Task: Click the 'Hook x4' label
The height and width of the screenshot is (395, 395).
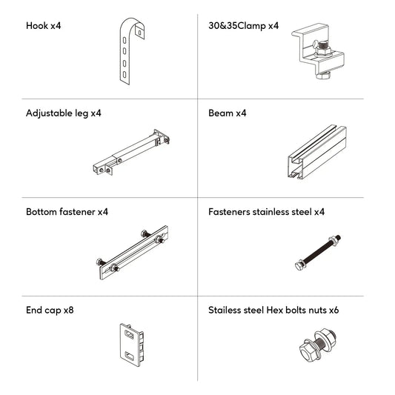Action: point(43,25)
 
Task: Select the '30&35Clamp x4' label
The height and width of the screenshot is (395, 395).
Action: point(244,25)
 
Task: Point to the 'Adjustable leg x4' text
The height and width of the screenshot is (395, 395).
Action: point(63,113)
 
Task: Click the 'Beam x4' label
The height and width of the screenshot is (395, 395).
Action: point(228,113)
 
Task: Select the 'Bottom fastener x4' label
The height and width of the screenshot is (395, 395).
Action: point(67,212)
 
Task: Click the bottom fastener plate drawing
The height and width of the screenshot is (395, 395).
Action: point(132,253)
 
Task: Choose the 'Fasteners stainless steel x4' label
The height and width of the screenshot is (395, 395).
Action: point(267,212)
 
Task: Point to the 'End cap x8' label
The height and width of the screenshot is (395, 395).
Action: point(49,310)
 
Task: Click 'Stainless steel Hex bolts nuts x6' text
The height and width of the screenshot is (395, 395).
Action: point(274,310)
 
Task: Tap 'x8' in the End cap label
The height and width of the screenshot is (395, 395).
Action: point(68,310)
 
